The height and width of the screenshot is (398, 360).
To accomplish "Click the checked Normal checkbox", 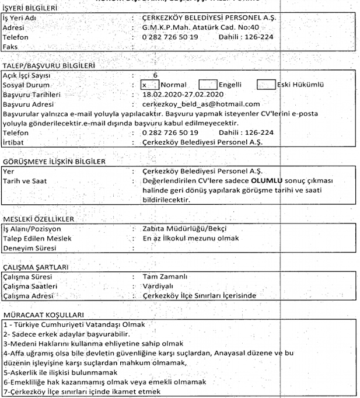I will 149,85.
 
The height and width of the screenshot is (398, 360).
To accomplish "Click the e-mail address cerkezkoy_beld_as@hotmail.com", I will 201,104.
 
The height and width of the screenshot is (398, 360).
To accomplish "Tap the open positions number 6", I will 155,75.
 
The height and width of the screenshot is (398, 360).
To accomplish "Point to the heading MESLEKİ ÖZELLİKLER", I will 39,219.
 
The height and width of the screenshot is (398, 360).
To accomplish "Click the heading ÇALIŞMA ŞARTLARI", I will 36,267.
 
